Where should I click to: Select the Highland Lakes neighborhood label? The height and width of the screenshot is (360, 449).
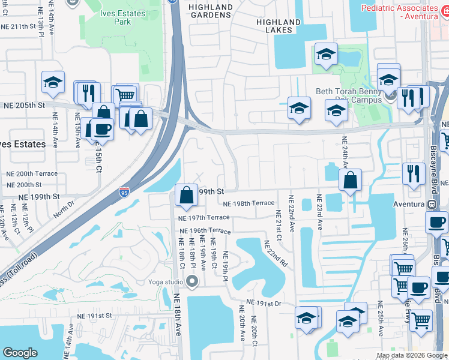pyautogui.click(x=278, y=25)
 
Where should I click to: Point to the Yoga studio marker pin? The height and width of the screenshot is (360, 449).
pyautogui.click(x=192, y=281)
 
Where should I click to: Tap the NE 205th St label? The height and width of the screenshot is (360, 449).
pyautogui.click(x=25, y=104)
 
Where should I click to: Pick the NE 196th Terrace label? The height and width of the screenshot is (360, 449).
pyautogui.click(x=205, y=231)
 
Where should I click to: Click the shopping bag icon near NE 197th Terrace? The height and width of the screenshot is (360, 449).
pyautogui.click(x=187, y=194)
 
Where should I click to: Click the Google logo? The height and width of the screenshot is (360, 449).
pyautogui.click(x=20, y=353)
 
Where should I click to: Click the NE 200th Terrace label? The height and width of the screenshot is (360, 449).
pyautogui.click(x=32, y=173)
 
